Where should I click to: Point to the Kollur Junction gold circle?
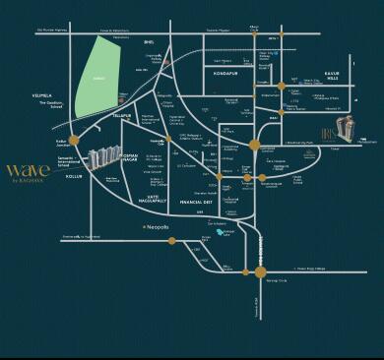(x=73, y=141)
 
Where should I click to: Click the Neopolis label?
(x=150, y=226)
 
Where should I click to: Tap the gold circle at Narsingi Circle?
(x=260, y=271)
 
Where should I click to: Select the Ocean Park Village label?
(x=307, y=267)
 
